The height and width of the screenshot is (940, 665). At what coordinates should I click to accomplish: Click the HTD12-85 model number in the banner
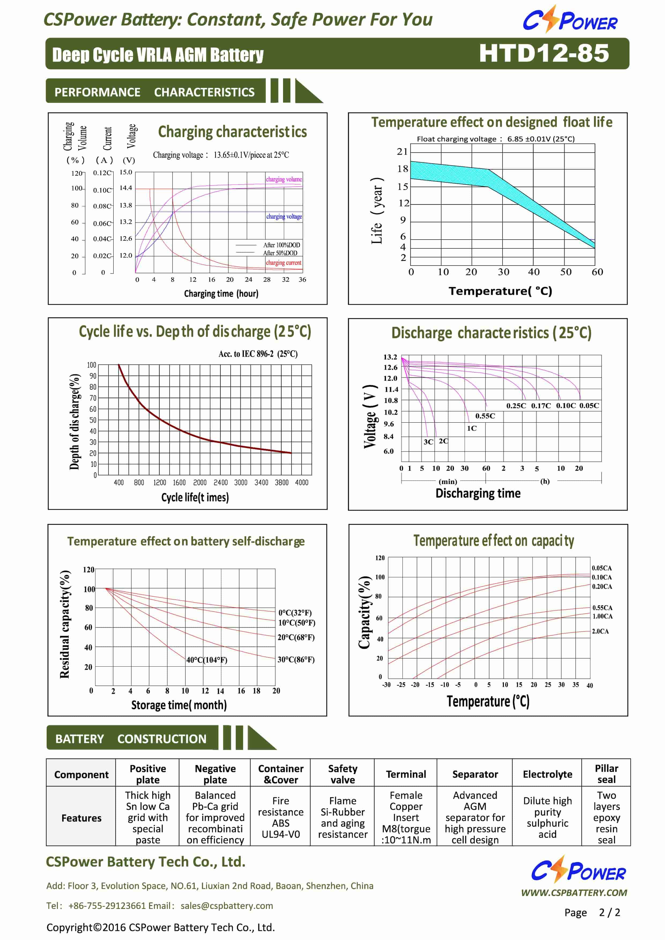[x=544, y=53]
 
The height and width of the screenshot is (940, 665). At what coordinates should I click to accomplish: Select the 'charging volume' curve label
[x=284, y=179]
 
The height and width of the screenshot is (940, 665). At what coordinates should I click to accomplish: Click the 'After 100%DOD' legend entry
[x=281, y=245]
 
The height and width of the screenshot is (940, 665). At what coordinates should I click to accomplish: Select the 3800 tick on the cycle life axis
[x=282, y=482]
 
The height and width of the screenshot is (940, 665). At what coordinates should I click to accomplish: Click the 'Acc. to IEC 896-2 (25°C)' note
[x=258, y=354]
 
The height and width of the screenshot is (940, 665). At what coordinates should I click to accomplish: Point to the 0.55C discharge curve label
[x=485, y=416]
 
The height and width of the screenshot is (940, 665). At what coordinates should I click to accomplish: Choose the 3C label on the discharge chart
[x=428, y=442]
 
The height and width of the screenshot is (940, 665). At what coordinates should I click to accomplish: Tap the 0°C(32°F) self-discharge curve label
[x=295, y=613]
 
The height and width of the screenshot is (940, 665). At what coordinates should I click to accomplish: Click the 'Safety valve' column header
[x=343, y=774]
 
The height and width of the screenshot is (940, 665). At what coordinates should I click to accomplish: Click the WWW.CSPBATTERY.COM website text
[x=574, y=893]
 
